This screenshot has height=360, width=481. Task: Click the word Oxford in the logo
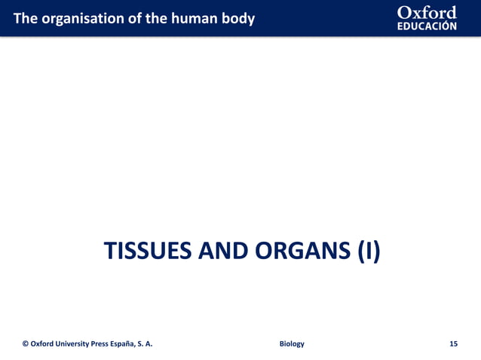point(427,13)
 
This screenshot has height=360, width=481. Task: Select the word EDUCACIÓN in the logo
point(427,26)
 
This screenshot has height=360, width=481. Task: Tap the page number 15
point(453,344)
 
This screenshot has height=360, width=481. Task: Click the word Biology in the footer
point(292,344)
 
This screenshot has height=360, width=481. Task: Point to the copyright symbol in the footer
point(26,344)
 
